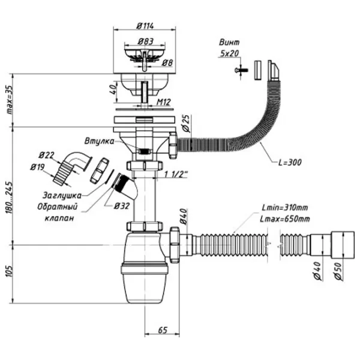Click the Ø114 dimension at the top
point(143,26)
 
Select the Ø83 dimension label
point(143,41)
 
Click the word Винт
point(230,43)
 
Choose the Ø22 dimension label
point(49,156)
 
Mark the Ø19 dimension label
point(37,167)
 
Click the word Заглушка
point(62,195)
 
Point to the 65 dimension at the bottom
point(162,331)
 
